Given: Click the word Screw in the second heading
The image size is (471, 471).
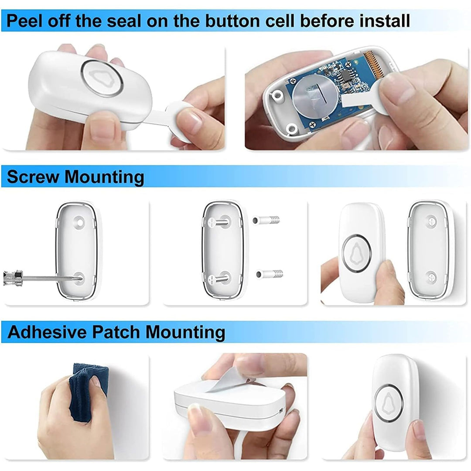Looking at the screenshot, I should click(33, 177).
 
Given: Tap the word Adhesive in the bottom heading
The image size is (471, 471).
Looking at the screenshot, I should click(47, 332).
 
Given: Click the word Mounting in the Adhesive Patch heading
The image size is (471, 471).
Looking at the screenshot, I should click(185, 332).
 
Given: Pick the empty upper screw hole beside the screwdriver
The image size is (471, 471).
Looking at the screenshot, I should click(79, 222).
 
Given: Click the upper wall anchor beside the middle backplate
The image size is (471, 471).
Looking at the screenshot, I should click(267, 219).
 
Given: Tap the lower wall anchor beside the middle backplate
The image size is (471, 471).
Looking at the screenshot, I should click(270, 274).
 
